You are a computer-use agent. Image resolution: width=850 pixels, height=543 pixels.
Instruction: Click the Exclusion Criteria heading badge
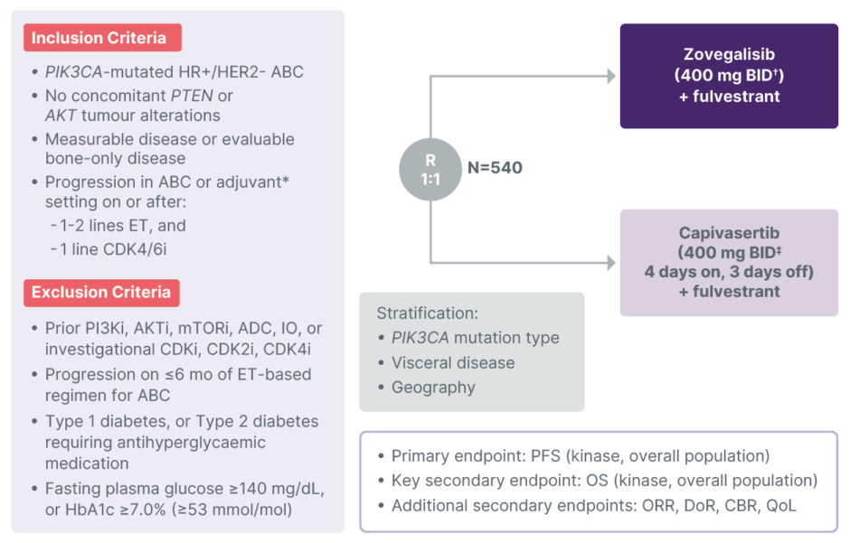coord(101,292)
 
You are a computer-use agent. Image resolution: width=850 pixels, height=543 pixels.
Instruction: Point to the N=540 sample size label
coord(495,167)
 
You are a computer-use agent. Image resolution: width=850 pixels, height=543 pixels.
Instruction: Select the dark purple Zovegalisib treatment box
coord(729,76)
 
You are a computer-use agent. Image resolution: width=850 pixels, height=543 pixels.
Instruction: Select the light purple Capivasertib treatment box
coord(729,262)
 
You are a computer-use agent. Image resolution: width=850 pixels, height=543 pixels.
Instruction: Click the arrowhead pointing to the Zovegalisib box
coord(610,76)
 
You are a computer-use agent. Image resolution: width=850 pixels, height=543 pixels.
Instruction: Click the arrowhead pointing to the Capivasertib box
coord(610,263)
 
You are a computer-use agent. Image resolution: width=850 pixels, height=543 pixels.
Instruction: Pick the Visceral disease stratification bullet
coord(452,362)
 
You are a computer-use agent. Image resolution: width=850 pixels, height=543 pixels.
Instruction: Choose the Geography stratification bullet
coord(433,388)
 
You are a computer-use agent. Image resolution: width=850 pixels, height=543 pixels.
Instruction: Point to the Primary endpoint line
coord(580,456)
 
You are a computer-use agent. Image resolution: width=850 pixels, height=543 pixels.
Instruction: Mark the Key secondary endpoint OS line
coord(604,481)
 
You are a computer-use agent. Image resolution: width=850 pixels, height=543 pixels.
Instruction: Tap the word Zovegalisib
coord(729,55)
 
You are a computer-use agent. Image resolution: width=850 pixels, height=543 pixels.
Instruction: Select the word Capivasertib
coord(729,232)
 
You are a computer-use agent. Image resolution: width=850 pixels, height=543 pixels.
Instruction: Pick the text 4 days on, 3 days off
coord(729,271)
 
